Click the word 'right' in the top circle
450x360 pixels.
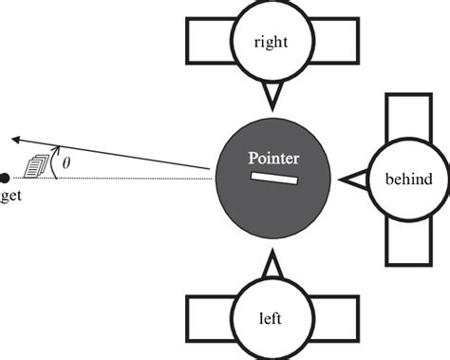[272, 42]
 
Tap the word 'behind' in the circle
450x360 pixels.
[409, 179]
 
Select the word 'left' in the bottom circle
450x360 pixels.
[271, 319]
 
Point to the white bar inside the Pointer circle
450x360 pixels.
[274, 179]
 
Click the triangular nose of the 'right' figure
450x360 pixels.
[272, 94]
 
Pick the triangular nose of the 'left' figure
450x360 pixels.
[272, 264]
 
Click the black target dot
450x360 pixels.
[5, 178]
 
